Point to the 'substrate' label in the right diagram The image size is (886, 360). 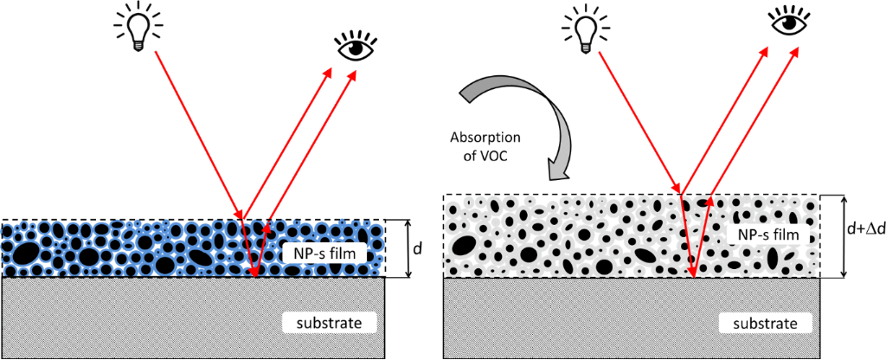[x=767, y=324]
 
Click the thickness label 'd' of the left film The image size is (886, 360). [x=418, y=248]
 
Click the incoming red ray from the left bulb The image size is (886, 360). [x=198, y=134]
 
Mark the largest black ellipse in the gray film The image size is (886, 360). [x=464, y=247]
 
